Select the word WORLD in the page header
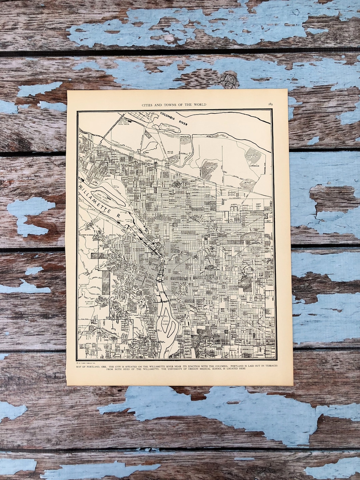pos(199,105)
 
